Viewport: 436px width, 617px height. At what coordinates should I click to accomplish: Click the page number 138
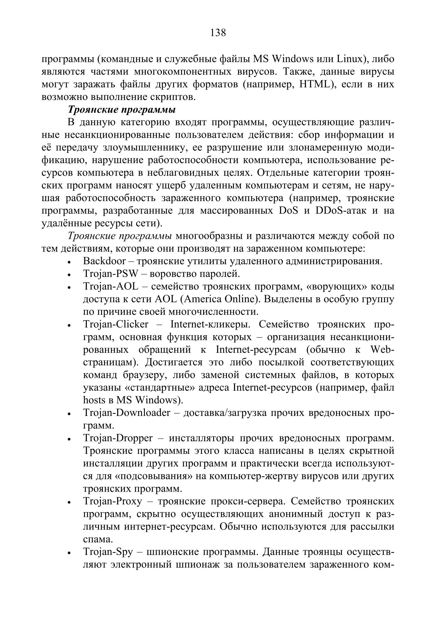218,33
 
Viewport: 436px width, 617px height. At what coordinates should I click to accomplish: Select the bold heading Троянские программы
121,109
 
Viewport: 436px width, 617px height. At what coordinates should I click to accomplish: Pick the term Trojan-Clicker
116,324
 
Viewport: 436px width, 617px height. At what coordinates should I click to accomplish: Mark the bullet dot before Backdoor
69,262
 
